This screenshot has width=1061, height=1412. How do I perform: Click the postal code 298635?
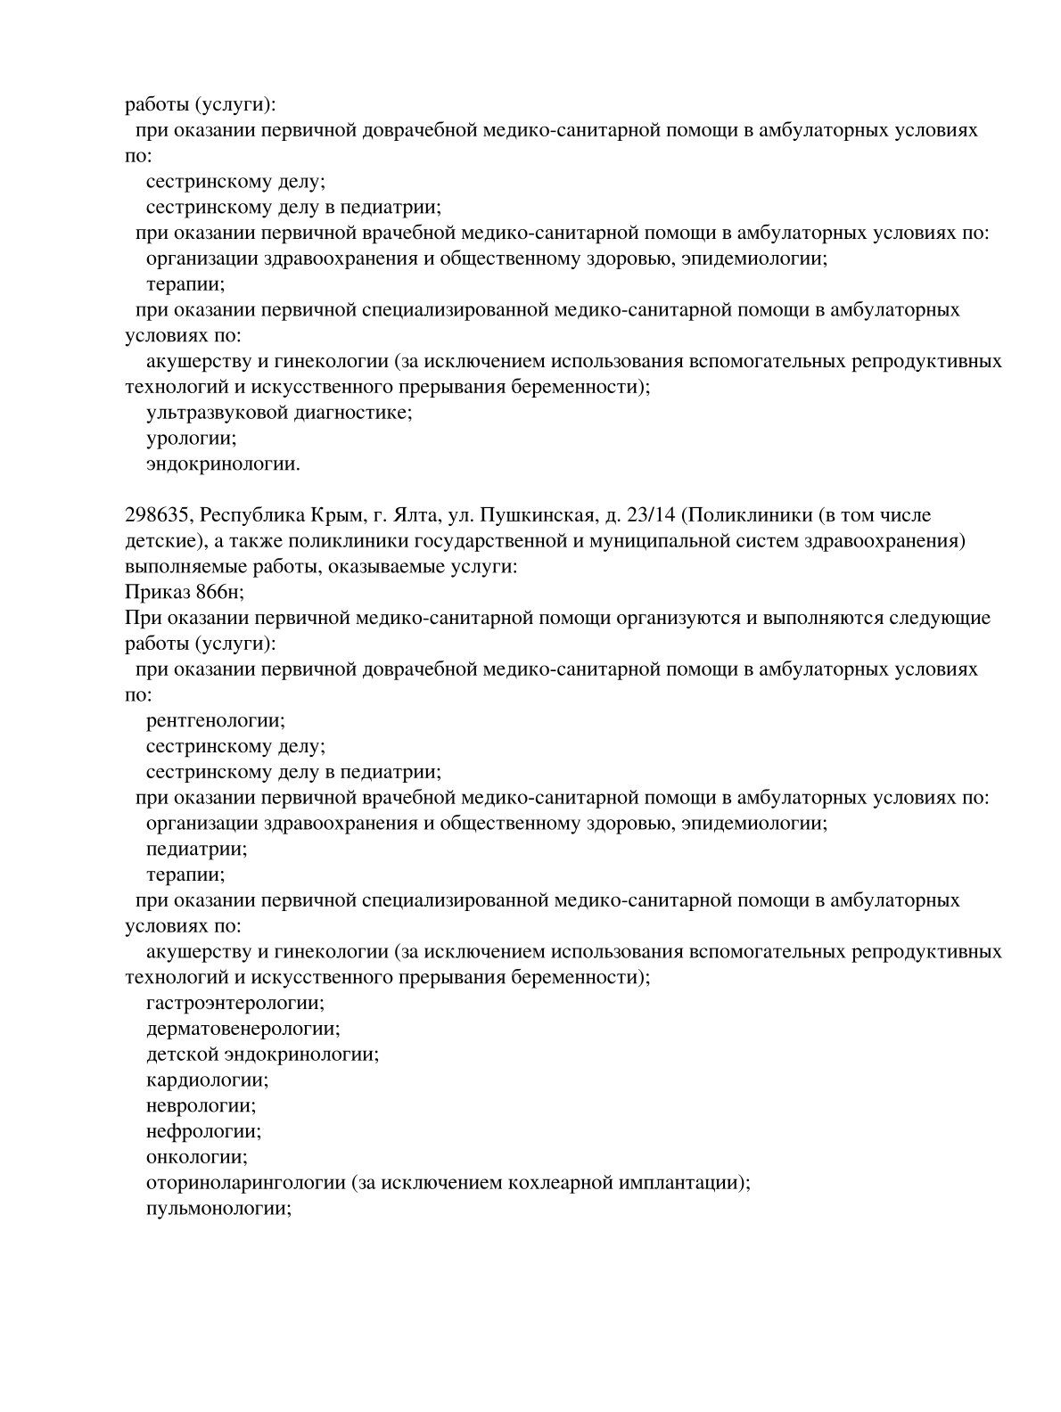[x=158, y=515]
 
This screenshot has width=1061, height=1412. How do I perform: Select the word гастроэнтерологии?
[x=234, y=1003]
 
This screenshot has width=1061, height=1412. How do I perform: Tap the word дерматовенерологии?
[x=241, y=1029]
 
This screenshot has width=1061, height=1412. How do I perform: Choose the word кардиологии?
[x=206, y=1080]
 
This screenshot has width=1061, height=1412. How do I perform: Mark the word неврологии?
[x=200, y=1106]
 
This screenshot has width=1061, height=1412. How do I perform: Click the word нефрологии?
[x=202, y=1132]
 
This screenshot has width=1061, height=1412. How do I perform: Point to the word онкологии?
[x=195, y=1158]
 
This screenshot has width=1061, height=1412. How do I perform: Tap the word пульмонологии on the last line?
[x=218, y=1210]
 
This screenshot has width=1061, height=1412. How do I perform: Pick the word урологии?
[x=190, y=439]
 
